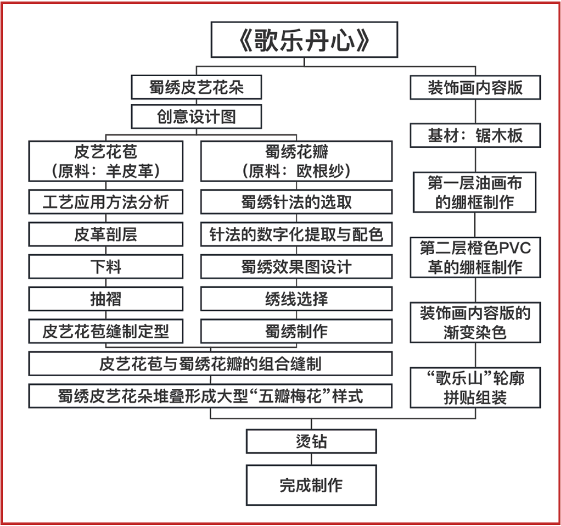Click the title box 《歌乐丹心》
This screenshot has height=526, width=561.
(304, 40)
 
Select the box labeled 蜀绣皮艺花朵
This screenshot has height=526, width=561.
(196, 87)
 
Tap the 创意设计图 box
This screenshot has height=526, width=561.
(196, 116)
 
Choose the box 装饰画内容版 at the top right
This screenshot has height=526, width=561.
(475, 88)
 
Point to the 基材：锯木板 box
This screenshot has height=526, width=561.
(475, 136)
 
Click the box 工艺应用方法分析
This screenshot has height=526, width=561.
(106, 202)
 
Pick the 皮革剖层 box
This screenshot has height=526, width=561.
(106, 234)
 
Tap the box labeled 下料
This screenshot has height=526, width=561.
(106, 267)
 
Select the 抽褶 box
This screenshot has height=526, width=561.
(106, 299)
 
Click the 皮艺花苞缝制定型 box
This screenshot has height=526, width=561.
(106, 331)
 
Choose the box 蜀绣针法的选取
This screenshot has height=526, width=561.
(296, 202)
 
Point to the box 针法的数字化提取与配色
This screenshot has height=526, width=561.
(296, 234)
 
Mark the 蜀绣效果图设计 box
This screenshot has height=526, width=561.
(296, 267)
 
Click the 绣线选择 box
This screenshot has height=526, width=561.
(296, 299)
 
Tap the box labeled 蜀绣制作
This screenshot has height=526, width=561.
(296, 331)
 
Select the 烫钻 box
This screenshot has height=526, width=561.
(311, 441)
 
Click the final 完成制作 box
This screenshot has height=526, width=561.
(311, 485)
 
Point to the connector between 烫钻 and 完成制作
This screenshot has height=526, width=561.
(311, 459)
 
